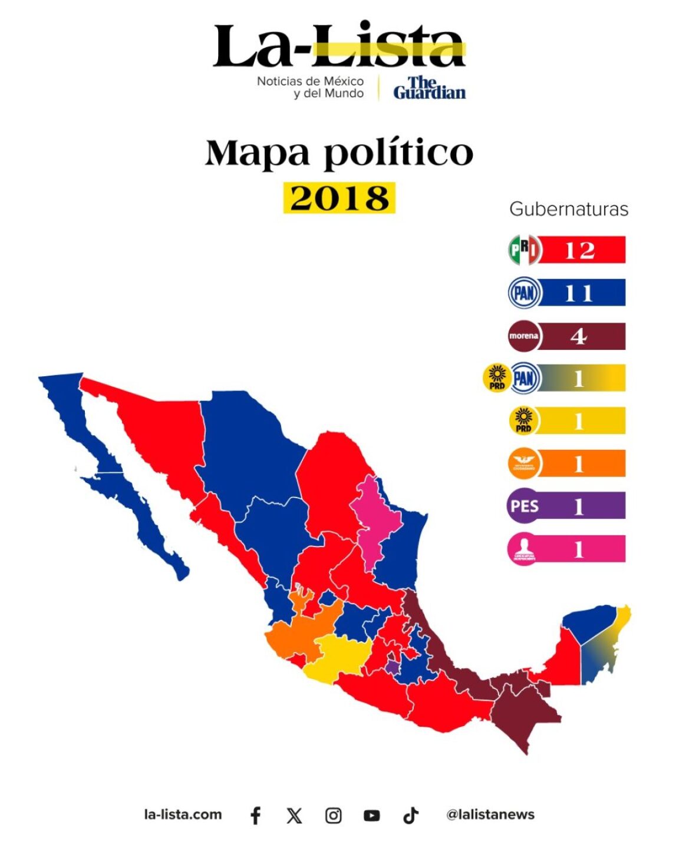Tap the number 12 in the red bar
tap(579, 250)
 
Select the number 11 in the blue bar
tap(578, 293)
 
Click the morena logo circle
tap(523, 336)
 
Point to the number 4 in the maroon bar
tap(578, 336)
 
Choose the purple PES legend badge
tap(524, 506)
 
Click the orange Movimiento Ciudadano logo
tap(523, 463)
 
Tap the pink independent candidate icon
tap(523, 549)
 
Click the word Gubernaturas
tap(569, 209)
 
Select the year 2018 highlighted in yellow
tap(339, 198)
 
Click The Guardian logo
tap(429, 88)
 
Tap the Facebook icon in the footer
tap(255, 815)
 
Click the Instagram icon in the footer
tap(333, 815)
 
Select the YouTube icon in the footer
tap(371, 815)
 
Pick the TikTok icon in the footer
tap(410, 815)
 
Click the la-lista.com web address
tap(183, 814)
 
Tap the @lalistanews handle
tap(490, 814)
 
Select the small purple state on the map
tap(392, 667)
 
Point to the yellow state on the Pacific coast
tap(342, 657)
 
